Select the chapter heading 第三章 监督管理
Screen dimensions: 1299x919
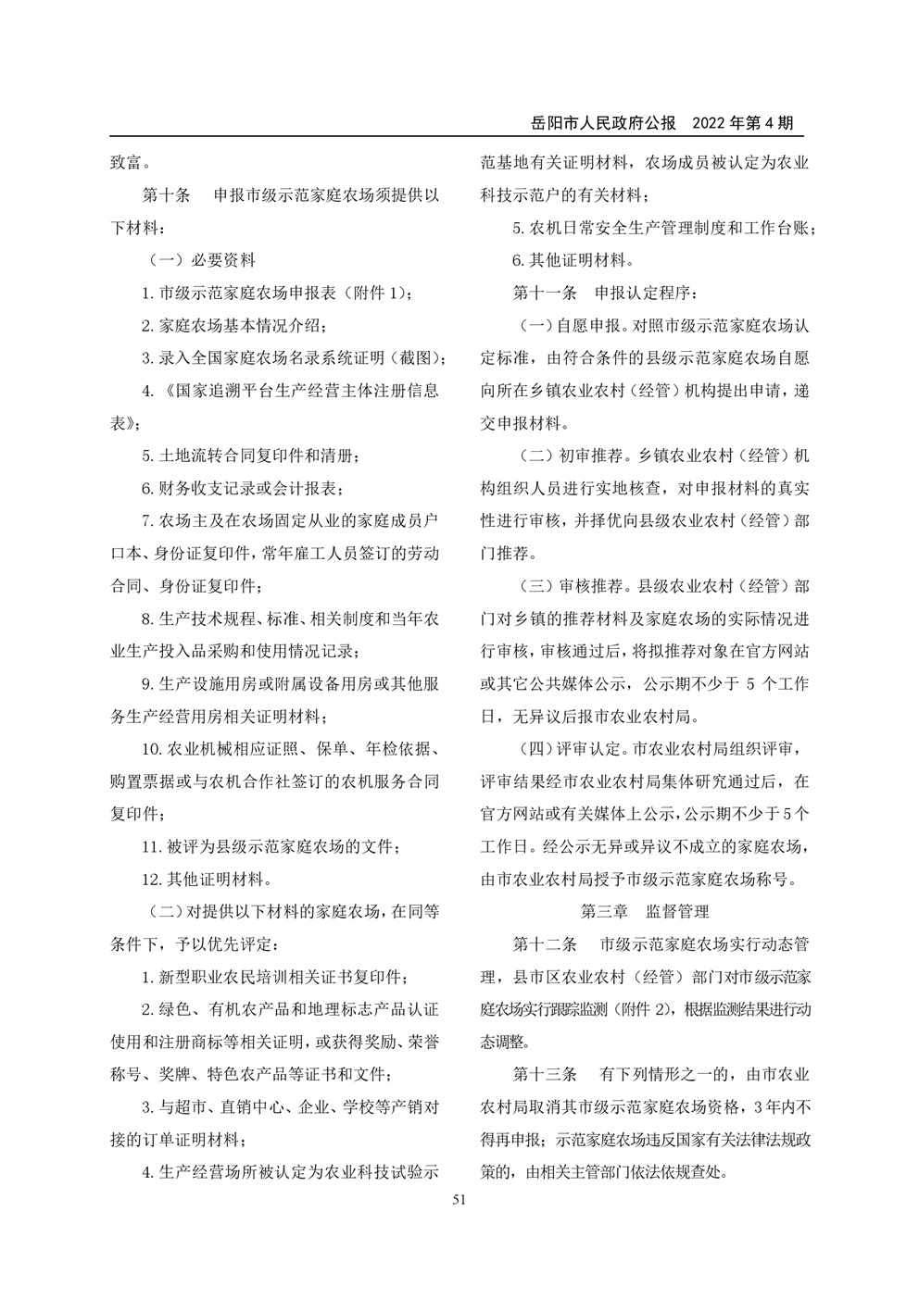pyautogui.click(x=645, y=911)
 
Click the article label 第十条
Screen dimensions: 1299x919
pyautogui.click(x=165, y=195)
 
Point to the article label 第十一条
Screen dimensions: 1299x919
pyautogui.click(x=545, y=293)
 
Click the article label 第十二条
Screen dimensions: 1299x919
pyautogui.click(x=545, y=944)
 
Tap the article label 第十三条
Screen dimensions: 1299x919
pyautogui.click(x=545, y=1074)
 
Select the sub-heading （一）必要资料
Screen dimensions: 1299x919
pyautogui.click(x=201, y=260)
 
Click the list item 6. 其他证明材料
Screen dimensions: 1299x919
pyautogui.click(x=574, y=260)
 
